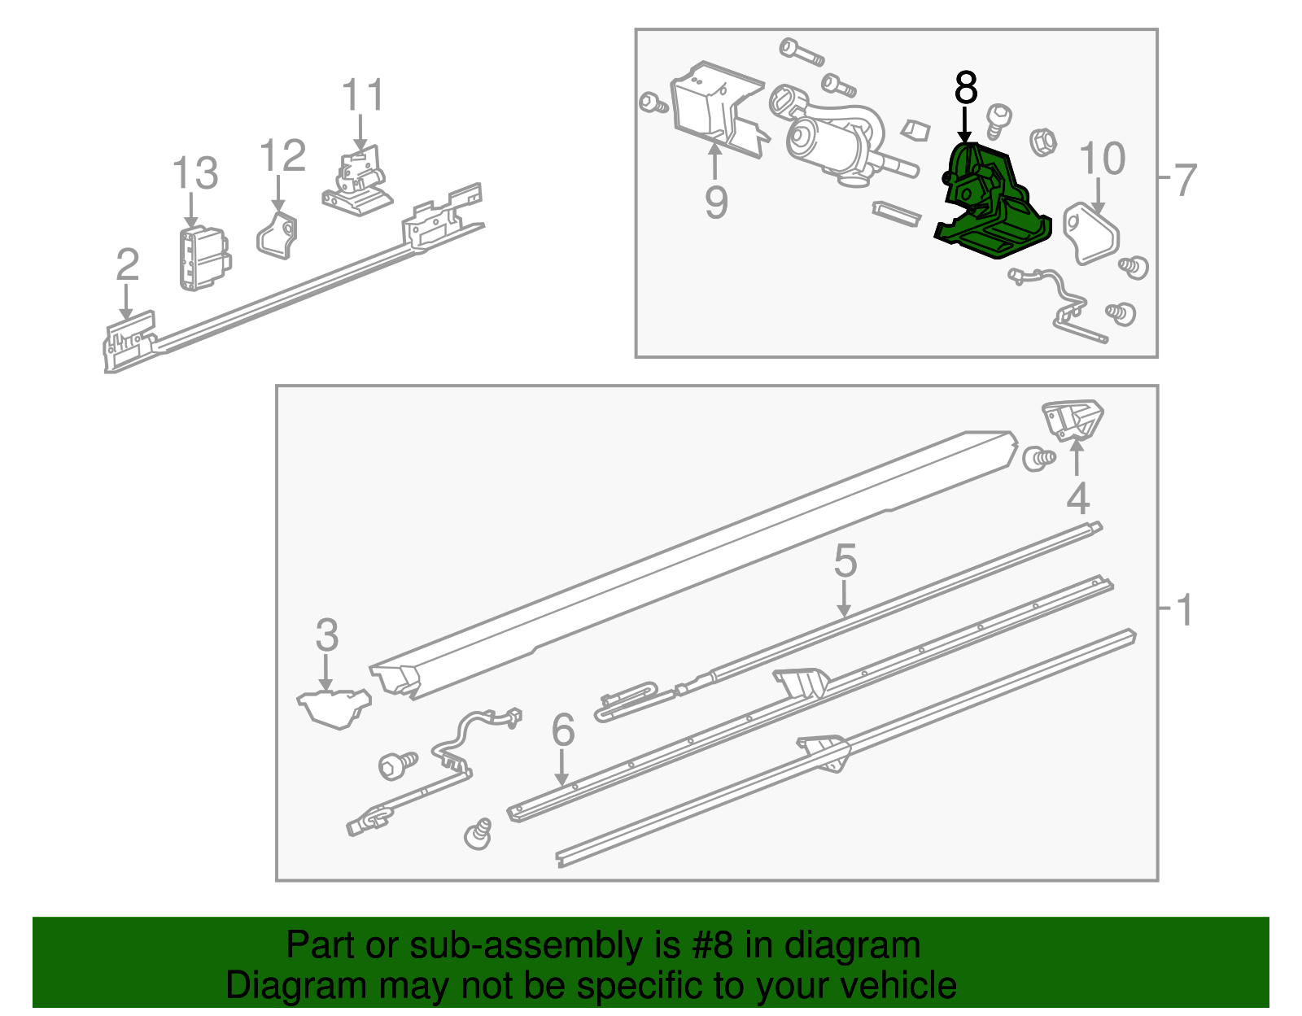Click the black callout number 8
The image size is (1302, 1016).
(965, 87)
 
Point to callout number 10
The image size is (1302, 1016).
(1102, 159)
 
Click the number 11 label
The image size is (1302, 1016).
(362, 95)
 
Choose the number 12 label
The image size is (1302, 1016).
(283, 155)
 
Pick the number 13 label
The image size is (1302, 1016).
(195, 173)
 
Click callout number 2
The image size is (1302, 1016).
(128, 264)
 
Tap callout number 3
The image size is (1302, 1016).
(327, 634)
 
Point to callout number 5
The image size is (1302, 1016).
(845, 561)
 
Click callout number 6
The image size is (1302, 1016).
(563, 730)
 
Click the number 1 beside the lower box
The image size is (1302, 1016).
(1185, 611)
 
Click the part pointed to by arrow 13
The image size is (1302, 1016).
(204, 259)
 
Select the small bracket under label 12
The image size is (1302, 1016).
(277, 235)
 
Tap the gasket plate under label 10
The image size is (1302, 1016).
(1091, 233)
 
